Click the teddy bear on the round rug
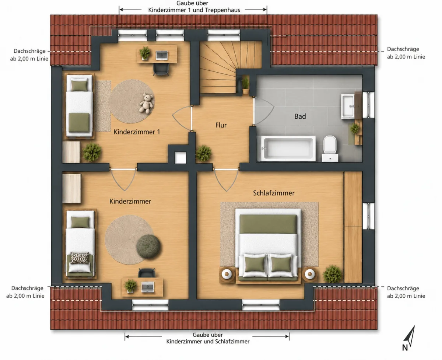coord(146,104)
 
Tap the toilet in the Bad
coord(330,148)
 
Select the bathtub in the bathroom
coord(286,148)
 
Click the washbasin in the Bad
coord(348,106)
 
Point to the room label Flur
coord(221,125)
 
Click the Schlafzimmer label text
coord(274,193)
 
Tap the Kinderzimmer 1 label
coord(137,132)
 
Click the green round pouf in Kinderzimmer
coord(148,247)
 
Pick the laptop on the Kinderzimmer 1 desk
coord(162,55)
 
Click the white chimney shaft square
coord(180,158)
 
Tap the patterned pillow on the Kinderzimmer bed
coord(80,258)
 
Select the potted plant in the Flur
coord(204,154)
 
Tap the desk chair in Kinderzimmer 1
coord(161,70)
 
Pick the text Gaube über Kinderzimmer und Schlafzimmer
coord(208,338)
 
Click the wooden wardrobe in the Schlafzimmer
coord(353,227)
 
